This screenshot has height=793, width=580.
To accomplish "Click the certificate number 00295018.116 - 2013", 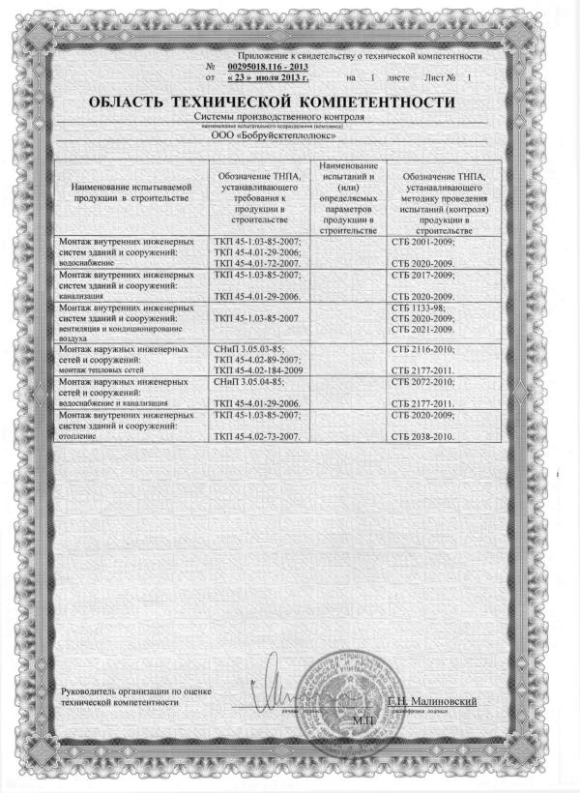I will [x=268, y=66].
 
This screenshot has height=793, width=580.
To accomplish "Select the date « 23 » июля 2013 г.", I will [x=267, y=75].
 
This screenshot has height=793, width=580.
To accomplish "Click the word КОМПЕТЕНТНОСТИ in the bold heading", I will [x=376, y=102].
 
